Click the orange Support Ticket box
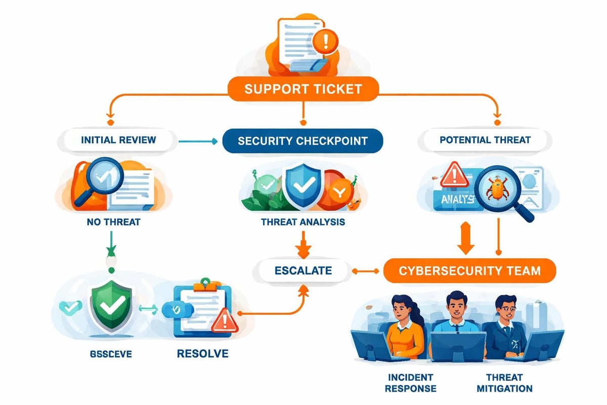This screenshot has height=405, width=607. pos(303,89)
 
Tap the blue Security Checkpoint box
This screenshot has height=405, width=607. pos(302,140)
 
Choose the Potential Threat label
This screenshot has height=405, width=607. pos(485,140)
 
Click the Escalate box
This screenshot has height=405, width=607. pos(303,270)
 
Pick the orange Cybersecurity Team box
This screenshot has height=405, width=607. pos(469,270)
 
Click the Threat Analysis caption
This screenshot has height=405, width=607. pos(303,222)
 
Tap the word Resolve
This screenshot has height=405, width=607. pos(202,353)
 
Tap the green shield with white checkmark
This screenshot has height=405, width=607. pos(110,305)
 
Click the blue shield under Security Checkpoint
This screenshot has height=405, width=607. pos(302,185)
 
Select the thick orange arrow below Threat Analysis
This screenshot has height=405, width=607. pos(303,245)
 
